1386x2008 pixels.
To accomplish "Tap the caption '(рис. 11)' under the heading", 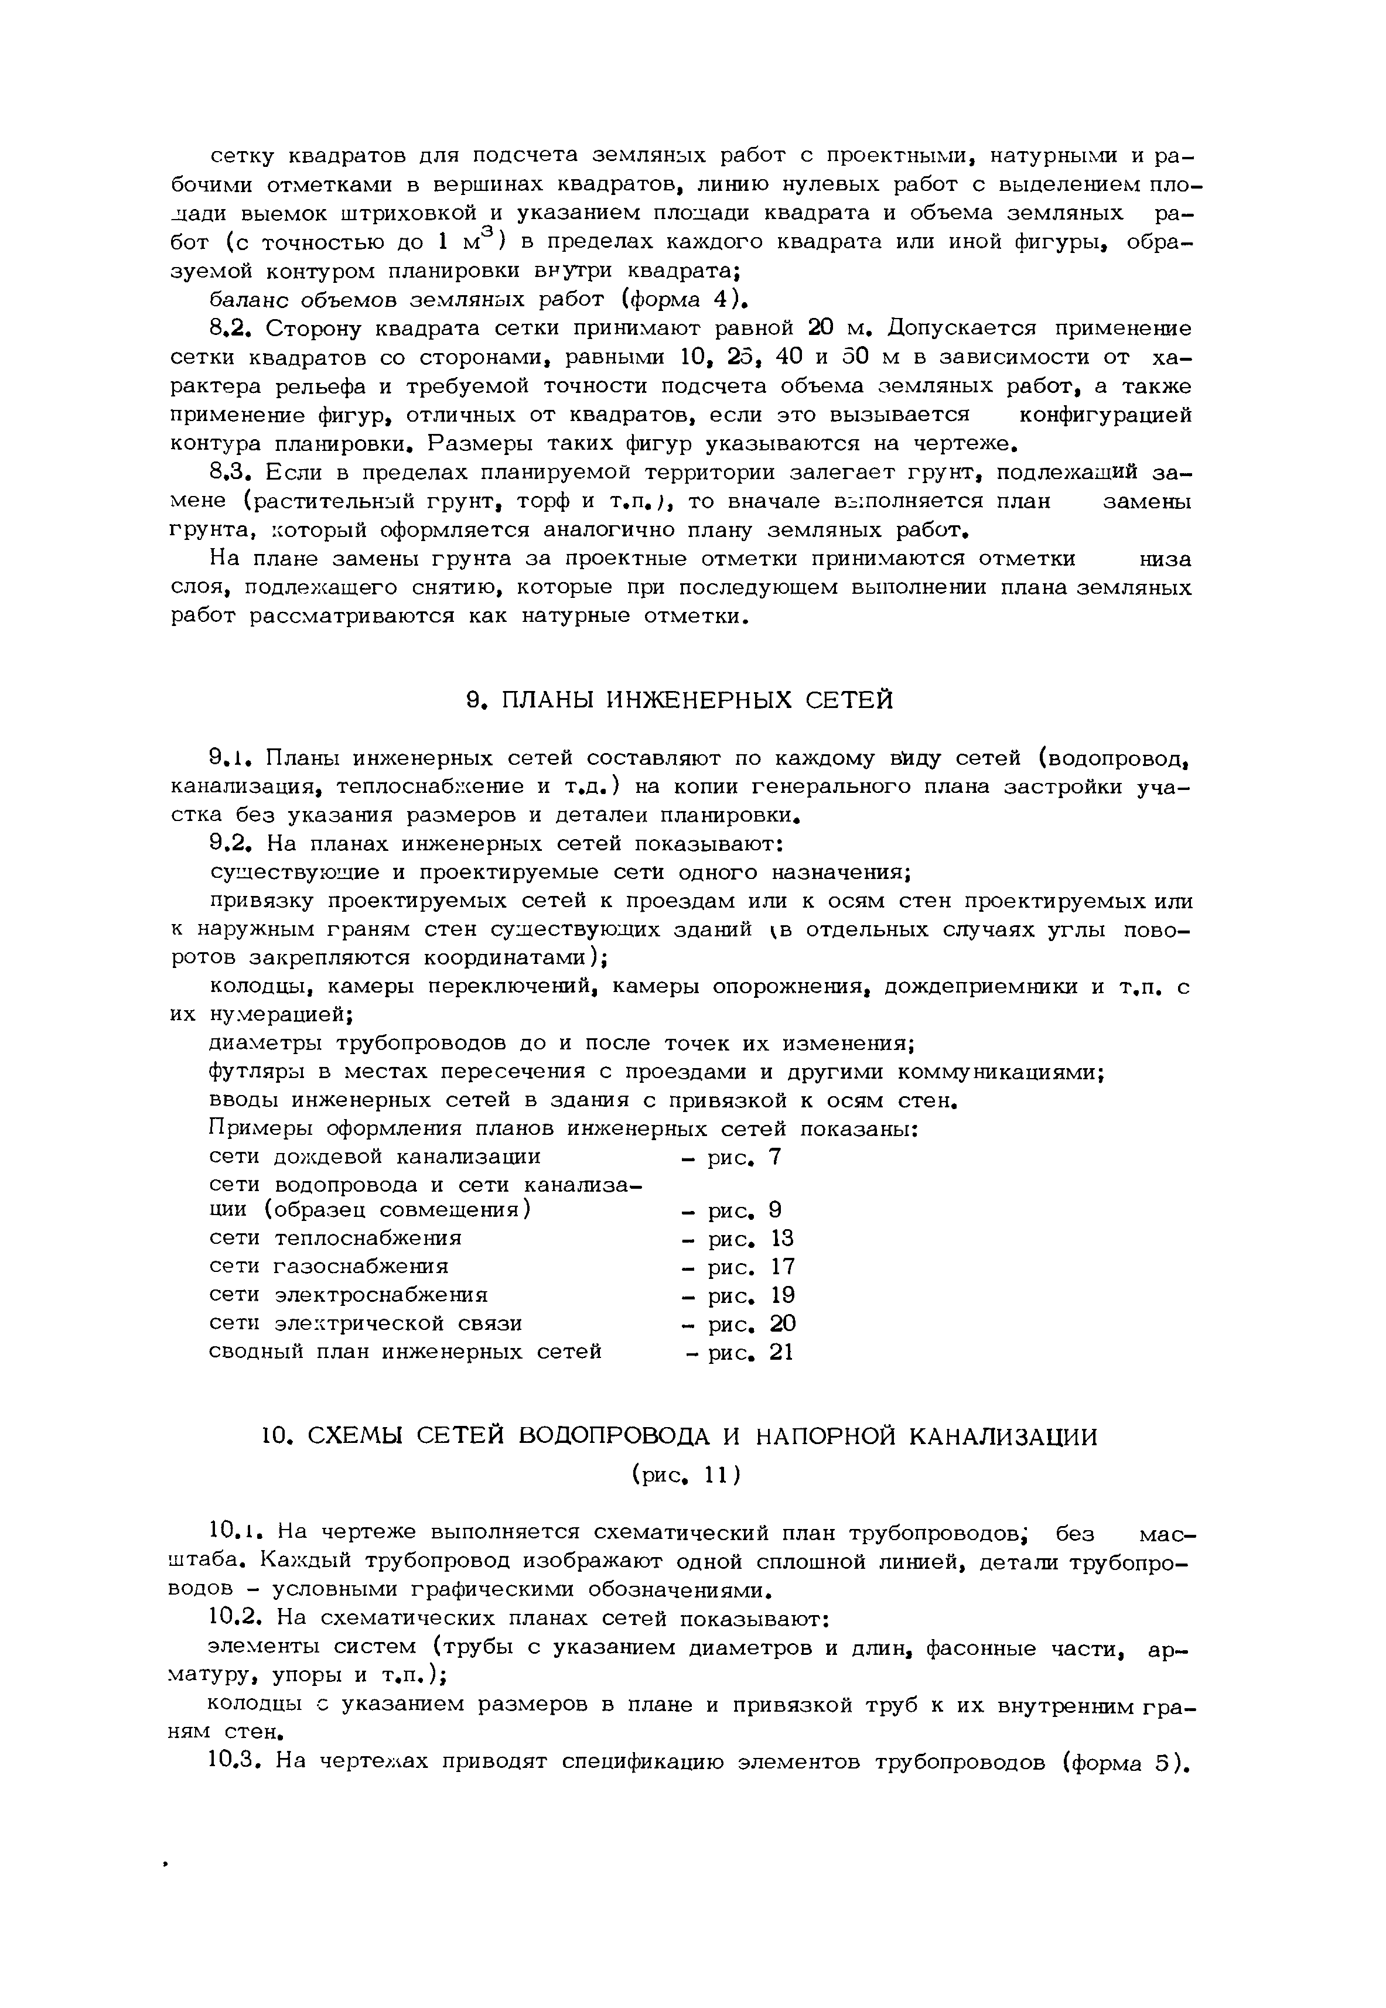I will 686,1475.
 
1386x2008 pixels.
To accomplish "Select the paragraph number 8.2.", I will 230,329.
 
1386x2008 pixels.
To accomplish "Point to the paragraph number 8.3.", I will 230,473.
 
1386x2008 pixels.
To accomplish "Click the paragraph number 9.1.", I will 230,759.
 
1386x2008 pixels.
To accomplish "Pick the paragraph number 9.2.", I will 230,844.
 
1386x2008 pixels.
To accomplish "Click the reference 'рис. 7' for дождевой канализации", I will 745,1157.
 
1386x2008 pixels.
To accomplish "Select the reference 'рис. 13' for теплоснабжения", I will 751,1238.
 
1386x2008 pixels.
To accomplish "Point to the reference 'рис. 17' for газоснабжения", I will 751,1267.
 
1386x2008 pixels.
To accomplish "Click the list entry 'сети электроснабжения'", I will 349,1295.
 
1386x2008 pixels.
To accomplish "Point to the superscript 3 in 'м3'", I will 486,230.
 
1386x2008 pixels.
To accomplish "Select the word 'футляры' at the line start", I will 252,1072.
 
